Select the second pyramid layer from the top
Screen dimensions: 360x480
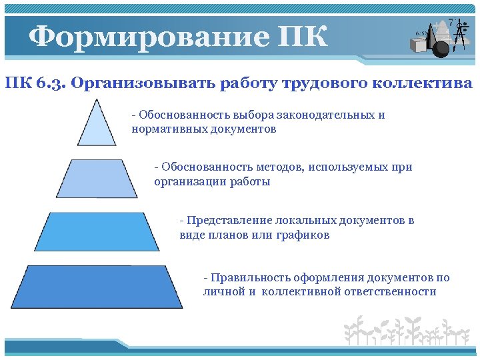point(97,179)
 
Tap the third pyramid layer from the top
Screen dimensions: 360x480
point(97,232)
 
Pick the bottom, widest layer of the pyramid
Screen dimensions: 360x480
point(97,287)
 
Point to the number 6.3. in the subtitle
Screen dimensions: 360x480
point(47,84)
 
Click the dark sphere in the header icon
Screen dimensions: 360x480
point(441,47)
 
